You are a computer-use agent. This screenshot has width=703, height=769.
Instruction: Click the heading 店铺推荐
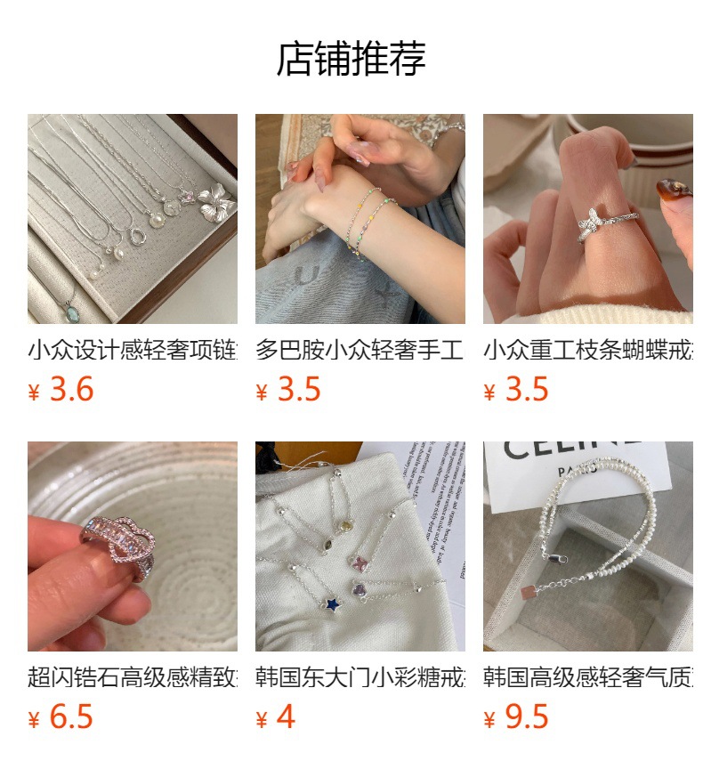click(351, 59)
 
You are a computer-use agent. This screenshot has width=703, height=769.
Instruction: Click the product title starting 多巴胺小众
click(360, 350)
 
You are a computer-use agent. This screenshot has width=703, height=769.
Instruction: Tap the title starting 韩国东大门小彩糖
click(360, 677)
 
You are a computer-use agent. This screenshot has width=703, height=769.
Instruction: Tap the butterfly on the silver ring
click(590, 224)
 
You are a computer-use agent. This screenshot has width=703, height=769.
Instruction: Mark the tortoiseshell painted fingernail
click(674, 190)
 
